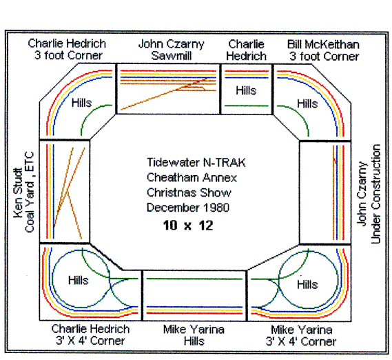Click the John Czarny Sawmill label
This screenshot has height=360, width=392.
coord(172,50)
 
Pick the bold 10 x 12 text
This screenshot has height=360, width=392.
coord(188,225)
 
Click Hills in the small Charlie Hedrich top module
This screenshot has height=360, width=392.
coord(246,90)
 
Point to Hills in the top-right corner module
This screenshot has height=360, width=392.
coord(307,103)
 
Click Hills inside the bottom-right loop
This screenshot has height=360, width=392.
coord(307,284)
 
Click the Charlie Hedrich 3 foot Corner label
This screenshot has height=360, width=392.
coord(66,50)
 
